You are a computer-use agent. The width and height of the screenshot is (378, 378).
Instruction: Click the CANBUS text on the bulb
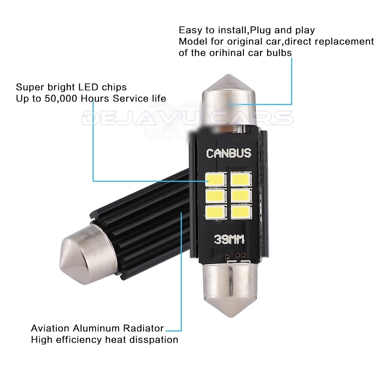pos(228,153)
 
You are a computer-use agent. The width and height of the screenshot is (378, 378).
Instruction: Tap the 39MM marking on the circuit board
pos(228,239)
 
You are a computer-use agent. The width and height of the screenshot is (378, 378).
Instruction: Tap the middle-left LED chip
pos(214,195)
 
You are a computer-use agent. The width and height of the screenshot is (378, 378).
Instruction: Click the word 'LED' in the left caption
pos(88,87)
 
